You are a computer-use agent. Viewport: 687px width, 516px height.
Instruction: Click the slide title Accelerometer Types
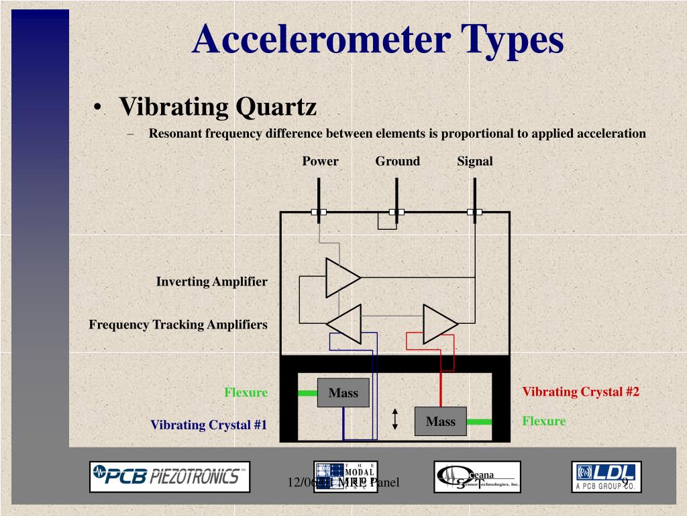pyautogui.click(x=378, y=39)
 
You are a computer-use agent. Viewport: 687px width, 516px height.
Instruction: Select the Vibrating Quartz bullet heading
pyautogui.click(x=217, y=107)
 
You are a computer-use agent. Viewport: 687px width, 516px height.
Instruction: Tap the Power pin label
pyautogui.click(x=320, y=161)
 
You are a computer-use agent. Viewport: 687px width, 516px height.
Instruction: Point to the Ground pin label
pyautogui.click(x=397, y=161)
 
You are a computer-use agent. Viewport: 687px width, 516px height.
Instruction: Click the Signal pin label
pyautogui.click(x=475, y=161)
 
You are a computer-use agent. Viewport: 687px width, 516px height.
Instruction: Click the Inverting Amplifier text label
pyautogui.click(x=211, y=282)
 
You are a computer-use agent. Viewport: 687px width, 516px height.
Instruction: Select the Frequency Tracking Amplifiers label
pyautogui.click(x=178, y=325)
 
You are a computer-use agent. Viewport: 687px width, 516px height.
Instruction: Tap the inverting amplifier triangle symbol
pyautogui.click(x=341, y=277)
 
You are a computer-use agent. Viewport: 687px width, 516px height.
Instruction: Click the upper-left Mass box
pyautogui.click(x=343, y=393)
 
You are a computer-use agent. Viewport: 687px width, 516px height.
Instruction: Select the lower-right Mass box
pyautogui.click(x=440, y=421)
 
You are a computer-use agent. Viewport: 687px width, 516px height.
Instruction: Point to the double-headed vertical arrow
pyautogui.click(x=395, y=420)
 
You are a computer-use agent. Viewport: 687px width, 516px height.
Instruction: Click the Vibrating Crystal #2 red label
pyautogui.click(x=580, y=392)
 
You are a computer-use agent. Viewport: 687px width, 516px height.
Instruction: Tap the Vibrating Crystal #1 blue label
pyautogui.click(x=209, y=425)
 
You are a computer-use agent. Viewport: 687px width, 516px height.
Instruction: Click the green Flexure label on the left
pyautogui.click(x=246, y=392)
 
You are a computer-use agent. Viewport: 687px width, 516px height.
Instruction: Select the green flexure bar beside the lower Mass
pyautogui.click(x=479, y=422)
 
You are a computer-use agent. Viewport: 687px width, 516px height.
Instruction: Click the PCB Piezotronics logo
pyautogui.click(x=170, y=476)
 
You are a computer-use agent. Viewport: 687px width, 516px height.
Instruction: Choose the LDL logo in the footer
pyautogui.click(x=606, y=476)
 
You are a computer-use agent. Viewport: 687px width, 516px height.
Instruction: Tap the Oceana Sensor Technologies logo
pyautogui.click(x=476, y=476)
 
